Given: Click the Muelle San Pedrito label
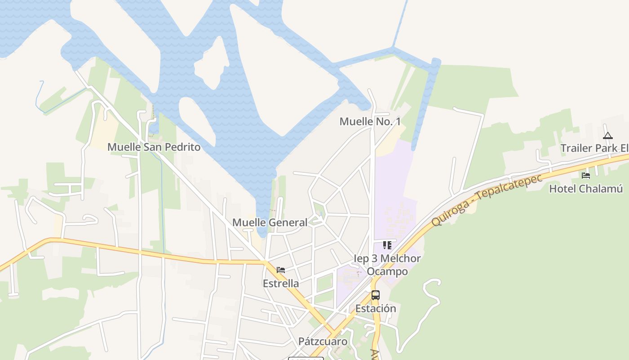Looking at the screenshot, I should (x=154, y=147).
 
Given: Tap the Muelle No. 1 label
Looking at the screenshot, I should (x=370, y=121).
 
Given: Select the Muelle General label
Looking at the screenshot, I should (x=270, y=222).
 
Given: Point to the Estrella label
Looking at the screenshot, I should (x=281, y=283).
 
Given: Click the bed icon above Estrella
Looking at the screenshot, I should (x=281, y=270).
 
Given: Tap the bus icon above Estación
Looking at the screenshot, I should (x=376, y=295).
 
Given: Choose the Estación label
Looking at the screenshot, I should (x=376, y=309).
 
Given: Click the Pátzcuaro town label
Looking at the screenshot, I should (x=323, y=342).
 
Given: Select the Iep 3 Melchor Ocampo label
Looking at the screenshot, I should (x=387, y=265).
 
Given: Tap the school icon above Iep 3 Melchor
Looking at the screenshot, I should (x=387, y=245).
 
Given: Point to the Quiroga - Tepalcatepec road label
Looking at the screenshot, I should (x=487, y=199).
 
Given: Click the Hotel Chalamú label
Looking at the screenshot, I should (x=586, y=189).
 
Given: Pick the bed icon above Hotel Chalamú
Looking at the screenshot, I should (x=586, y=175).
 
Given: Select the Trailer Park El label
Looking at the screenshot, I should (x=594, y=148).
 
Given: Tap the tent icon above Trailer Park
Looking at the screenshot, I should (x=607, y=135).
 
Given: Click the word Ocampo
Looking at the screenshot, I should (x=387, y=271).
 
